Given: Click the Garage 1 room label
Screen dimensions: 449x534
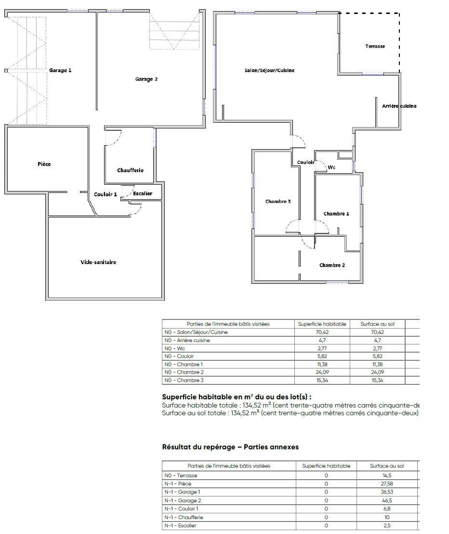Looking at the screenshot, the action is (60, 70).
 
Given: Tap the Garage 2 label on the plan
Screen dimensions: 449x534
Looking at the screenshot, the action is (146, 79).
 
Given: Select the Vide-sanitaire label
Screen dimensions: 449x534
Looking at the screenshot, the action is (98, 262).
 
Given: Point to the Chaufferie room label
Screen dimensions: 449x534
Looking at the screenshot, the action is (130, 170).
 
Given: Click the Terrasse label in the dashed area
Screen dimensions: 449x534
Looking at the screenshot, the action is (375, 46).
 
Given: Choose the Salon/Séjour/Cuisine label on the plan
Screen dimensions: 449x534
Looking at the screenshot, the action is (269, 70).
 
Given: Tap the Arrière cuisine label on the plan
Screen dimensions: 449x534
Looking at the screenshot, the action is (399, 106).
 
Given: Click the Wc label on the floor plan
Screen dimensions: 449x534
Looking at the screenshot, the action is (331, 167).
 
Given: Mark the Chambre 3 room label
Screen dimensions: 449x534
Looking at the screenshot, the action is (278, 201).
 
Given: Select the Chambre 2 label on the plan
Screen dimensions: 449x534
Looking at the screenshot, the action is (332, 265).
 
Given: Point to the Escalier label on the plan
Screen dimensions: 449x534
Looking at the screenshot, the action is (143, 193).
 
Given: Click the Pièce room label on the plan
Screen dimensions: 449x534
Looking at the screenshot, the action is (44, 164).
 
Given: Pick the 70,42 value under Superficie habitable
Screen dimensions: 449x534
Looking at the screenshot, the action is (322, 332).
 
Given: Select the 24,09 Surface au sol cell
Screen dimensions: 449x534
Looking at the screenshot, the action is (377, 372).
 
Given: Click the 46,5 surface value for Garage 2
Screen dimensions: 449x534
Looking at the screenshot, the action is (387, 500).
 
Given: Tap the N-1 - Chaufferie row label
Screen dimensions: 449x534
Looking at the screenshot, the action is (184, 517).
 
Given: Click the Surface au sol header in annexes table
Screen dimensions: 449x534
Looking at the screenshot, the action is (387, 466).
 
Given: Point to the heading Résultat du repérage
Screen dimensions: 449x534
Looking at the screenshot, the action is (199, 447).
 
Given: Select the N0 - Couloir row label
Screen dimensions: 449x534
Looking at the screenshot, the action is (179, 356).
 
